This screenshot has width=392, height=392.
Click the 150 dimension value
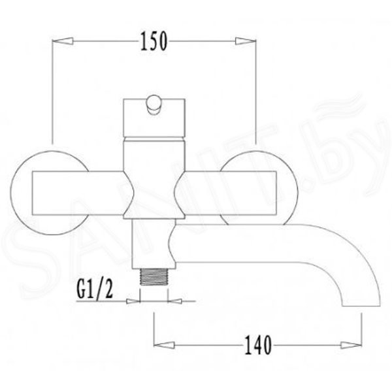pos(154,41)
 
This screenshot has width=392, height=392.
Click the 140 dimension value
pos(258,345)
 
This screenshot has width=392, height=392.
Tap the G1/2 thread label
pos(95,289)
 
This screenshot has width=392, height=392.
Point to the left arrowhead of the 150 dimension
pos(63,41)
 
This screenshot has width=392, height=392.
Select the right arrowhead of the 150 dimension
pos(246,41)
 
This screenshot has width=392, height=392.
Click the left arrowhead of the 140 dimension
pos(164,345)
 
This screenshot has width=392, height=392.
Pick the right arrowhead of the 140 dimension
pos(351,345)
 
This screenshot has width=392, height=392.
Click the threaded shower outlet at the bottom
pos(154,276)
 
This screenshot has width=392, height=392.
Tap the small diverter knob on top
pos(154,105)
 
